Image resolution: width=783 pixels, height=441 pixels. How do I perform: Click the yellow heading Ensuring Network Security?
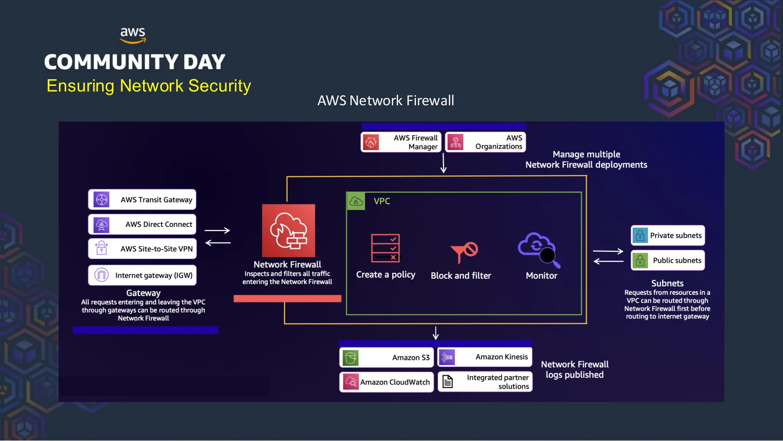click(149, 86)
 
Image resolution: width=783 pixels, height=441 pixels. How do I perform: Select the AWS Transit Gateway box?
click(142, 199)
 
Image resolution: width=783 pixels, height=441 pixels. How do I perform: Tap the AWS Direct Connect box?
click(142, 224)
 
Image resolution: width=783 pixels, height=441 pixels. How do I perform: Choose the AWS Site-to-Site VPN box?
click(142, 249)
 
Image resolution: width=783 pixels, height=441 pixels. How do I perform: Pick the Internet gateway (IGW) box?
click(142, 275)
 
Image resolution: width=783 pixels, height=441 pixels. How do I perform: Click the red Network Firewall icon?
click(288, 230)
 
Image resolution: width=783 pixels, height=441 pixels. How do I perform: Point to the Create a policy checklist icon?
click(385, 248)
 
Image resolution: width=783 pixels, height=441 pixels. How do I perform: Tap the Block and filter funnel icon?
click(464, 252)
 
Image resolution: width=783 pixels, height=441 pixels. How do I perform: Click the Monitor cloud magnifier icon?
click(538, 249)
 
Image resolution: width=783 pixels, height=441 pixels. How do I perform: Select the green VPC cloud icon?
click(356, 201)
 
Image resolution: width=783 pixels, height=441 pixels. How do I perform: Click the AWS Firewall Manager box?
click(401, 142)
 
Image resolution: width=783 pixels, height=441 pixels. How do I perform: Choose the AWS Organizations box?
click(486, 142)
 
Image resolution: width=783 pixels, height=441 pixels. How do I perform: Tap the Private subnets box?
click(668, 235)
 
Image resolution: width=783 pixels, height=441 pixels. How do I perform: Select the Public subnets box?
click(668, 260)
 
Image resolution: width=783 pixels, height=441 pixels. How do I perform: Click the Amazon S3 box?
click(386, 358)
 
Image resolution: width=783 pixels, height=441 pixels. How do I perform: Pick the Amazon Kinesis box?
click(484, 357)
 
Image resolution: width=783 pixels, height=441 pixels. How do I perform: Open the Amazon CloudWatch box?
click(386, 382)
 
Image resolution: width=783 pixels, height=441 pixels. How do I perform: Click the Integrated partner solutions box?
click(485, 382)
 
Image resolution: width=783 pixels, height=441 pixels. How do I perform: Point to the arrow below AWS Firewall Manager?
click(443, 163)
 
